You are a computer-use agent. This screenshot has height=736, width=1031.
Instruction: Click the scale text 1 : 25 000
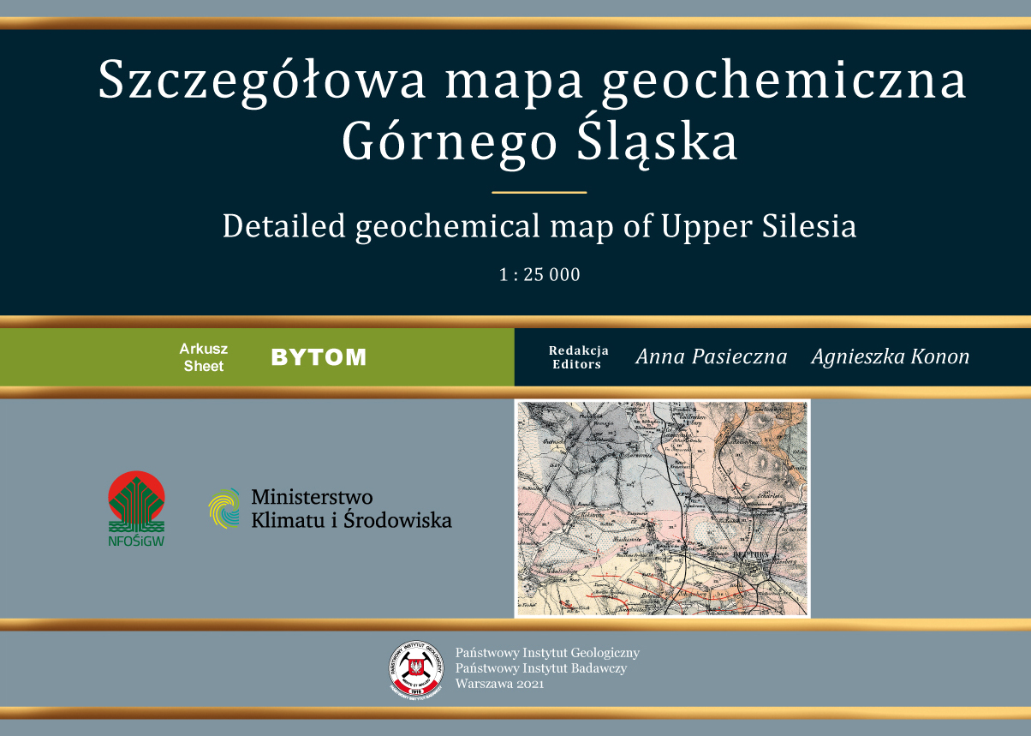539,275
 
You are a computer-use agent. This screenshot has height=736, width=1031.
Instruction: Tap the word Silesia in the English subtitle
808,226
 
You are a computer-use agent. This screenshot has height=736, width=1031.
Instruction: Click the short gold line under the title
539,193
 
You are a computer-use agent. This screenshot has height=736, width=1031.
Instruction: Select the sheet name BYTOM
319,357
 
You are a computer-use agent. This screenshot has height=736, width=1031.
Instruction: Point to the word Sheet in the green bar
203,367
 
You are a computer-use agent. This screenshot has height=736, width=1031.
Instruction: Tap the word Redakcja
579,350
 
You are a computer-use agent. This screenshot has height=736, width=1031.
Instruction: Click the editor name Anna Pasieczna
711,356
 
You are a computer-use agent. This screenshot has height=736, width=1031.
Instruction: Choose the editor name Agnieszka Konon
890,356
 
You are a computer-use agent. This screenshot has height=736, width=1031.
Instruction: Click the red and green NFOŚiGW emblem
136,500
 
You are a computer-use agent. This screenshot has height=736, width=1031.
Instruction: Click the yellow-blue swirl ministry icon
224,507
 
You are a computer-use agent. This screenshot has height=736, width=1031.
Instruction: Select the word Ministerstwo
312,497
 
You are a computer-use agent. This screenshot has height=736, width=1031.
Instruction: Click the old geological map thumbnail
662,508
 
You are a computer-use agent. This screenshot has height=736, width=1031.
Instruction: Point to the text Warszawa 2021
500,683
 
